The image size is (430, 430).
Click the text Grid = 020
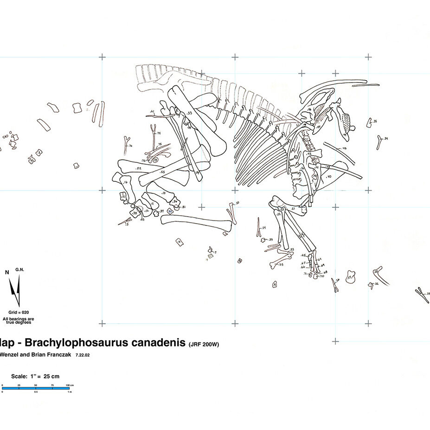[19, 313]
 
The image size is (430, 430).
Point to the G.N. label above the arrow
[19, 270]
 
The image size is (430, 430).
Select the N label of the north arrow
[6, 272]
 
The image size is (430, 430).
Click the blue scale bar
[37, 388]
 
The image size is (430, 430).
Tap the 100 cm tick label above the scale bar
[69, 385]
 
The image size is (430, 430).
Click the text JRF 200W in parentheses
[204, 345]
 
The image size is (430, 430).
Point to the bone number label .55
[162, 172]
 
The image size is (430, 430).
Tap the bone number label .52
[138, 168]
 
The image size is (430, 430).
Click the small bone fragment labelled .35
[370, 122]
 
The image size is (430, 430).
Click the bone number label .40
[329, 177]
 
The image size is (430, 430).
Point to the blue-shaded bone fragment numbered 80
[170, 211]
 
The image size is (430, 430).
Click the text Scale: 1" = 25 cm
[35, 376]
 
